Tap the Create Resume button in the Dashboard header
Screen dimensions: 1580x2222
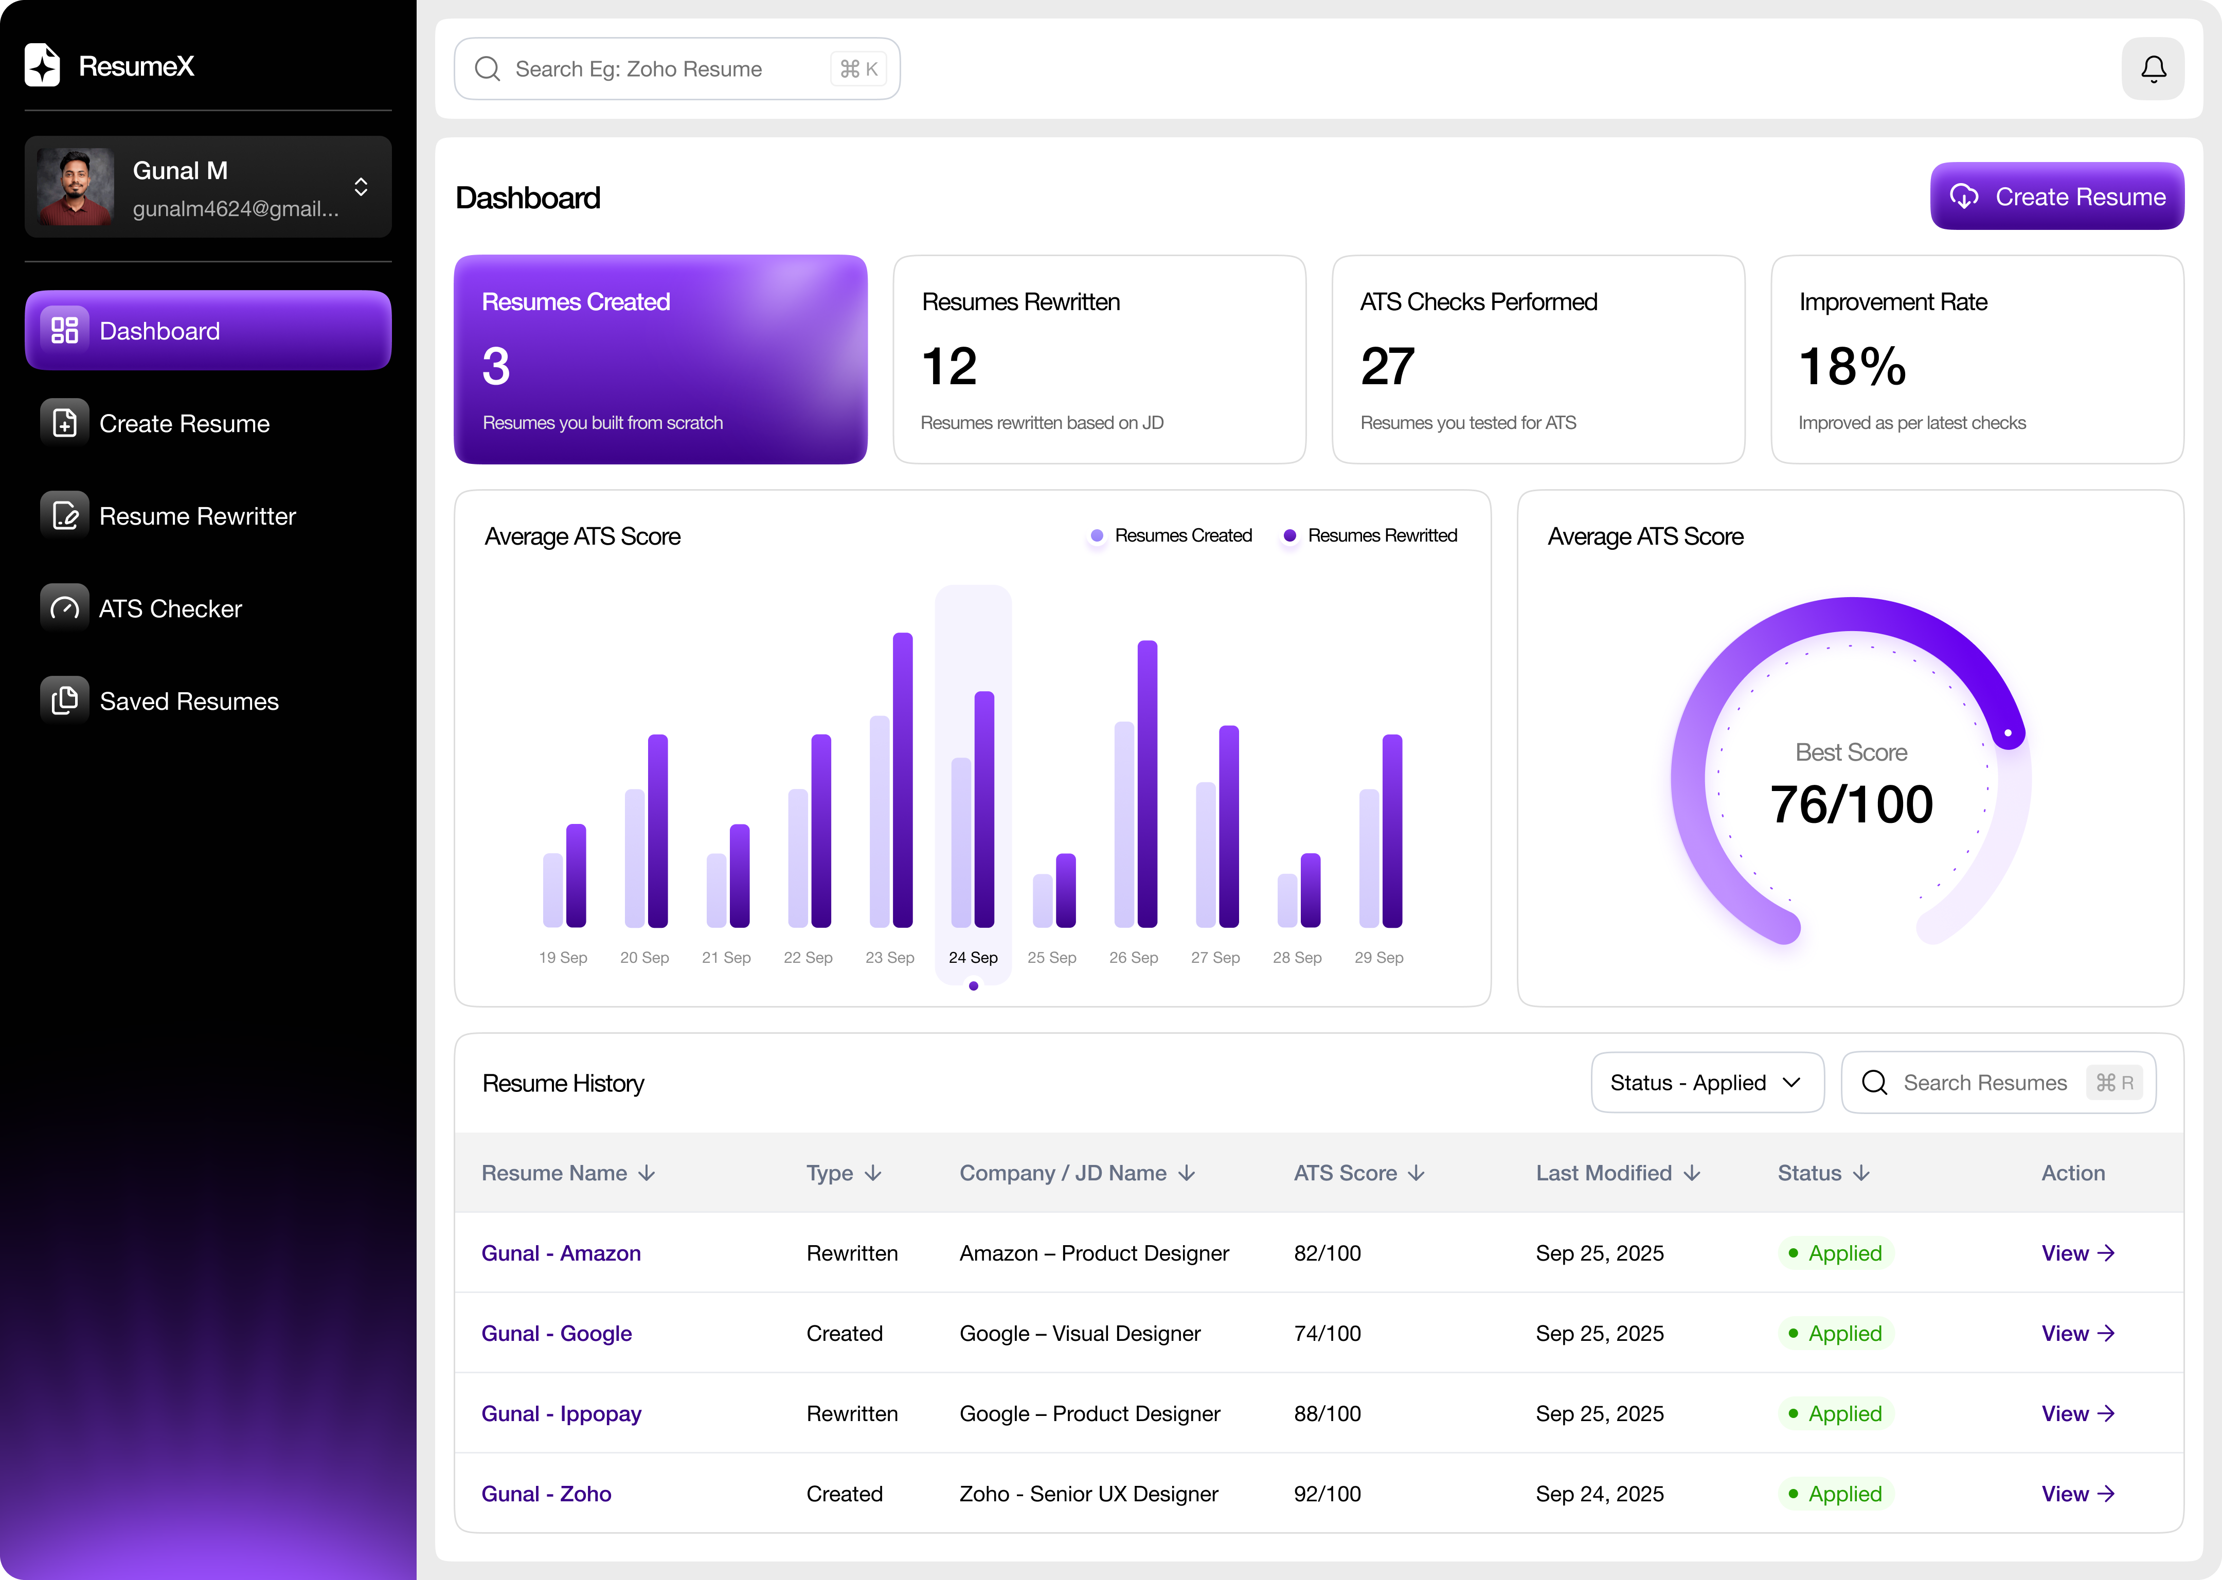coord(2056,196)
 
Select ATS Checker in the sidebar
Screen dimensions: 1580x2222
coord(170,609)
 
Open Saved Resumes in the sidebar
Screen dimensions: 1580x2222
coord(189,702)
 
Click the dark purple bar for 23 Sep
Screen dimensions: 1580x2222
coord(903,778)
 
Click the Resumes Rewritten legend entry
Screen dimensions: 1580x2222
coord(1382,536)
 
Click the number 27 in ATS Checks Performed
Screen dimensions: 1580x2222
coord(1387,367)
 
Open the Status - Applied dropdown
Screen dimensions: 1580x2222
coord(1707,1083)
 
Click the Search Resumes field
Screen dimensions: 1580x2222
coord(1984,1083)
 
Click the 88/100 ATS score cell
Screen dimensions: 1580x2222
coord(1327,1414)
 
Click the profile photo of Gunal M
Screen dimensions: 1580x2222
coord(75,187)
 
